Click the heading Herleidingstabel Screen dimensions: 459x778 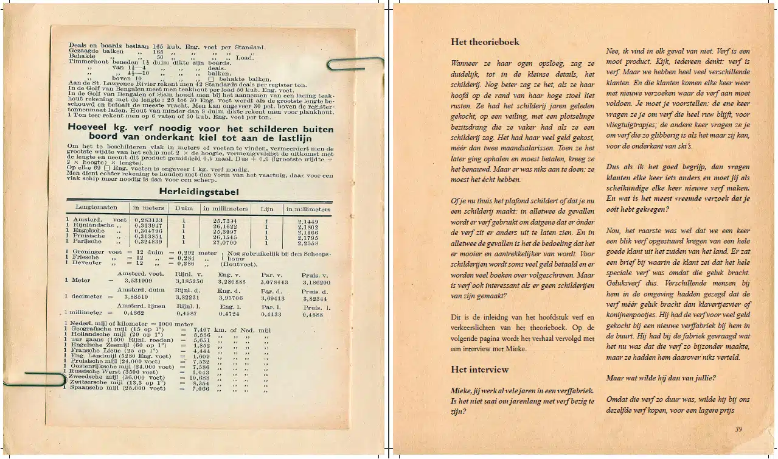coord(198,192)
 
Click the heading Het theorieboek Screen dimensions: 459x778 coord(485,42)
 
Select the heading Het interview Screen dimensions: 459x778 coord(479,370)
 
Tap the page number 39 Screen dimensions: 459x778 coord(738,429)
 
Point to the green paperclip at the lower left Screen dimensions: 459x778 coord(36,379)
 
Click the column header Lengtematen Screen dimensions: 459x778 coord(97,208)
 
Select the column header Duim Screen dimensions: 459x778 coord(184,208)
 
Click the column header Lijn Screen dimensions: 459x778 coord(267,208)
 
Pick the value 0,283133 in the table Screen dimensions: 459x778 coord(148,220)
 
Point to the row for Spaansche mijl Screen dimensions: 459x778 coord(116,388)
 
